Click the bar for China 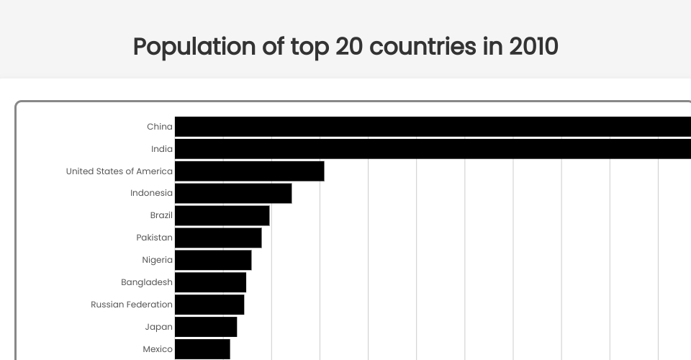432,127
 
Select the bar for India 432,149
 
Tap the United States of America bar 249,171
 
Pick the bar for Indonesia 233,193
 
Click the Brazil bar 222,215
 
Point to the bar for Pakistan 218,238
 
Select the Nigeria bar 213,260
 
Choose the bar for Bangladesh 210,282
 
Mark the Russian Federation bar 209,305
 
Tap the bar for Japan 206,327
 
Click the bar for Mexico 202,349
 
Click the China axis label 160,127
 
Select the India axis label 162,149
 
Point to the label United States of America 119,171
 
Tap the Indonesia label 151,193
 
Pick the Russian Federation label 132,305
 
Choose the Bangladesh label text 147,282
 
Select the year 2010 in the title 533,47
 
